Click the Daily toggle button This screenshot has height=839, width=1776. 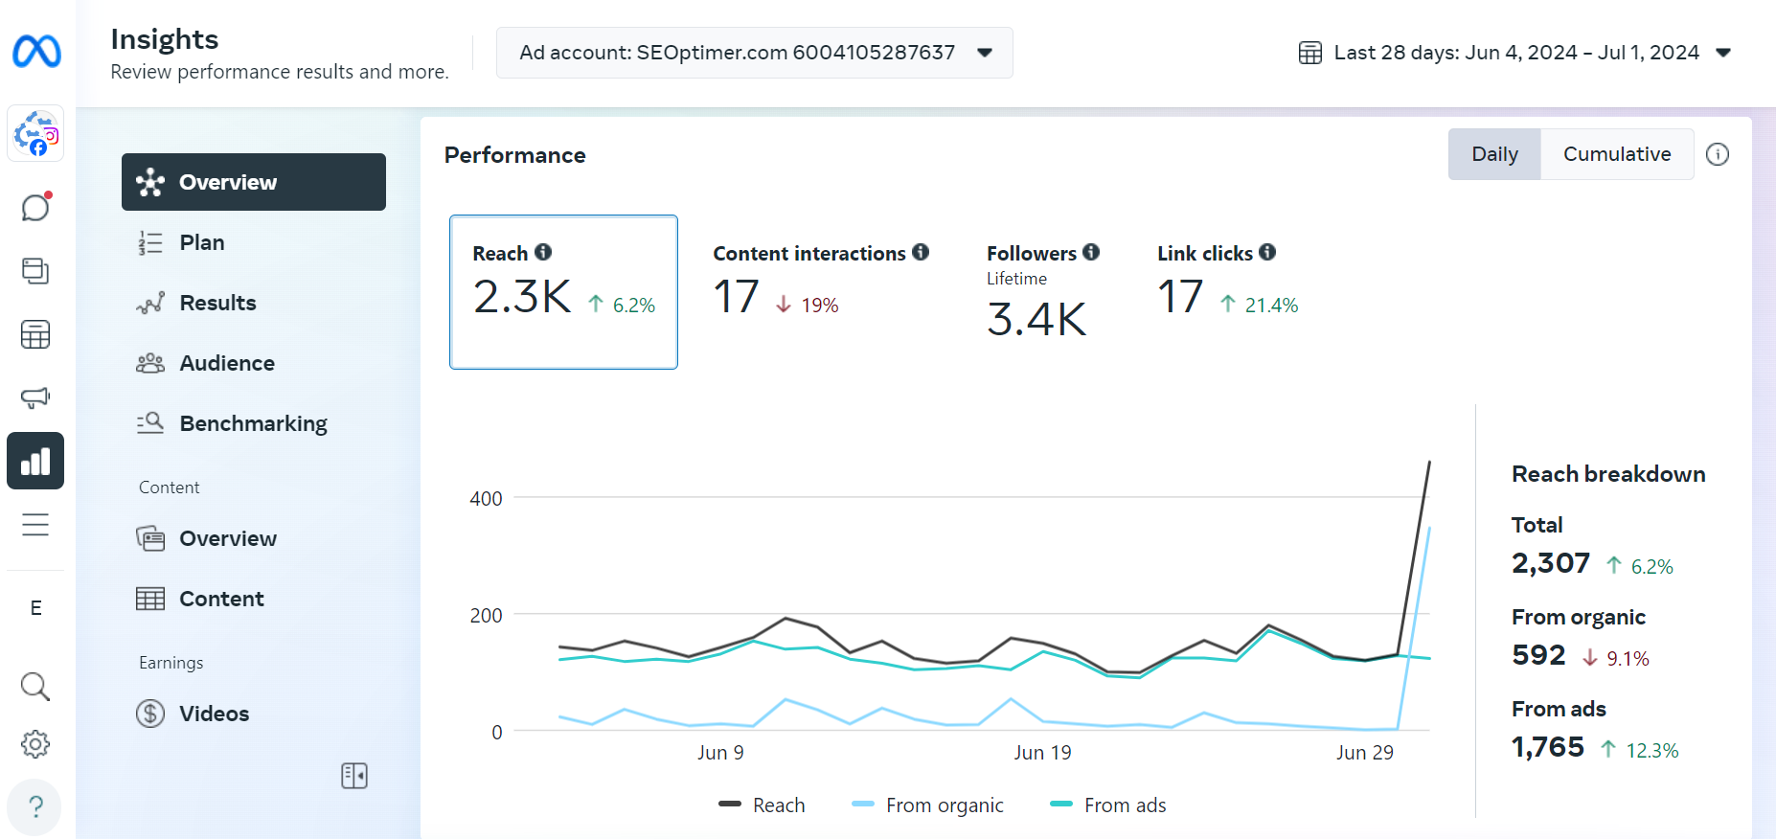(x=1494, y=154)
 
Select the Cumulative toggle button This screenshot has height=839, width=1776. (x=1616, y=154)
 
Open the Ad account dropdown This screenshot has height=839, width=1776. (x=754, y=53)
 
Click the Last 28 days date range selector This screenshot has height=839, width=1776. (x=1514, y=53)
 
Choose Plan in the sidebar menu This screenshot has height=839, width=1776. (x=201, y=242)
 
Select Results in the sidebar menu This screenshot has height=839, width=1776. (x=217, y=303)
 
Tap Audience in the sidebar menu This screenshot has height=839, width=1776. (x=226, y=363)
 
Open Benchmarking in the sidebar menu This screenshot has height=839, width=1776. (x=253, y=423)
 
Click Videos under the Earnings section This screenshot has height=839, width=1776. (x=214, y=714)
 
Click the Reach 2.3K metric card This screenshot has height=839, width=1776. (x=563, y=292)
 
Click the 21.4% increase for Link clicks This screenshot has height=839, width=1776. (x=1260, y=305)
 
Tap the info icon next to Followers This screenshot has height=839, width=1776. (x=1091, y=252)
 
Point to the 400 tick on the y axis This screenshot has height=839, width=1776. (x=486, y=498)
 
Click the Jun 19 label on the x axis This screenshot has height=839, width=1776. (x=1042, y=753)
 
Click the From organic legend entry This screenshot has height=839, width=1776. (x=927, y=805)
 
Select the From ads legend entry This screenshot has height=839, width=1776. (x=1108, y=805)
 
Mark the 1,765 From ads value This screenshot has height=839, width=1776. (x=1547, y=747)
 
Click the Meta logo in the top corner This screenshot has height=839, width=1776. (x=36, y=51)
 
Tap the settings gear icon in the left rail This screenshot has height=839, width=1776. (x=35, y=744)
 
